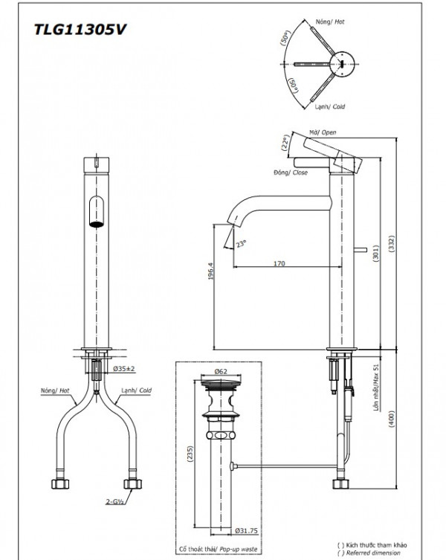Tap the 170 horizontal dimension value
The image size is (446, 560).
(x=280, y=263)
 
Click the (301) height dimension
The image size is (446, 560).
(x=376, y=256)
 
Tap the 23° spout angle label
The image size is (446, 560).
(x=239, y=243)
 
